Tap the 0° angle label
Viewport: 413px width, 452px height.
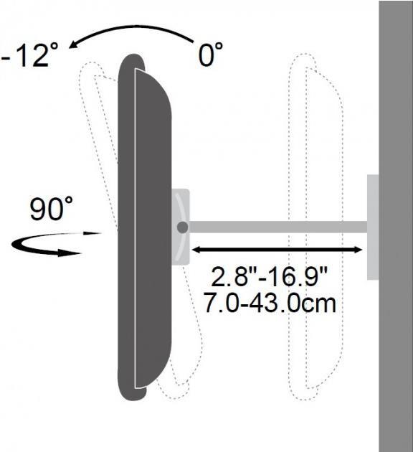click(210, 55)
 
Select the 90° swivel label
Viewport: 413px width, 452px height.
click(51, 208)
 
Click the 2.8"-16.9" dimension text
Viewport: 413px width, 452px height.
click(270, 276)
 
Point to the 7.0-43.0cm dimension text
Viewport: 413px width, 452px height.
click(270, 302)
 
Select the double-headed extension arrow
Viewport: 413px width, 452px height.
click(277, 250)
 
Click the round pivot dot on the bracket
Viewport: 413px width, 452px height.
click(183, 227)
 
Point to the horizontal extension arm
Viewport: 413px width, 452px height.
click(278, 227)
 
